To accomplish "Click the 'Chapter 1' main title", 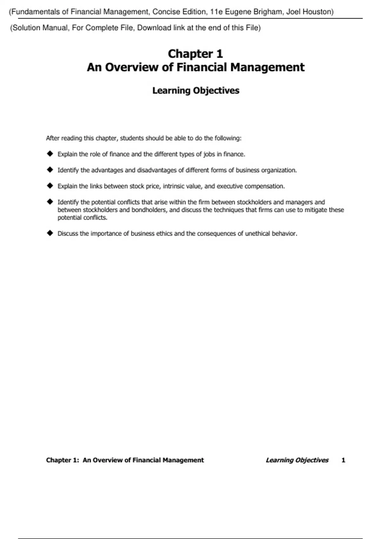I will (x=195, y=54).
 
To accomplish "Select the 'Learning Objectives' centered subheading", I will (x=196, y=91).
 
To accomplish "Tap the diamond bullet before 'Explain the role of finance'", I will (x=50, y=154).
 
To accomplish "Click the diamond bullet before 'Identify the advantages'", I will (x=50, y=170).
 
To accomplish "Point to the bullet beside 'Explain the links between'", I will (x=50, y=185).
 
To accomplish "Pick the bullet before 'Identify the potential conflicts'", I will (x=50, y=201).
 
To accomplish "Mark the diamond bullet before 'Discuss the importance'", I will (x=50, y=233).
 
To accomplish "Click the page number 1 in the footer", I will (x=343, y=460).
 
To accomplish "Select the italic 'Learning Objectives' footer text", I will (x=297, y=460).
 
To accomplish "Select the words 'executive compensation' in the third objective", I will (x=251, y=186).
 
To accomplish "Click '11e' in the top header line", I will (x=217, y=12).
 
